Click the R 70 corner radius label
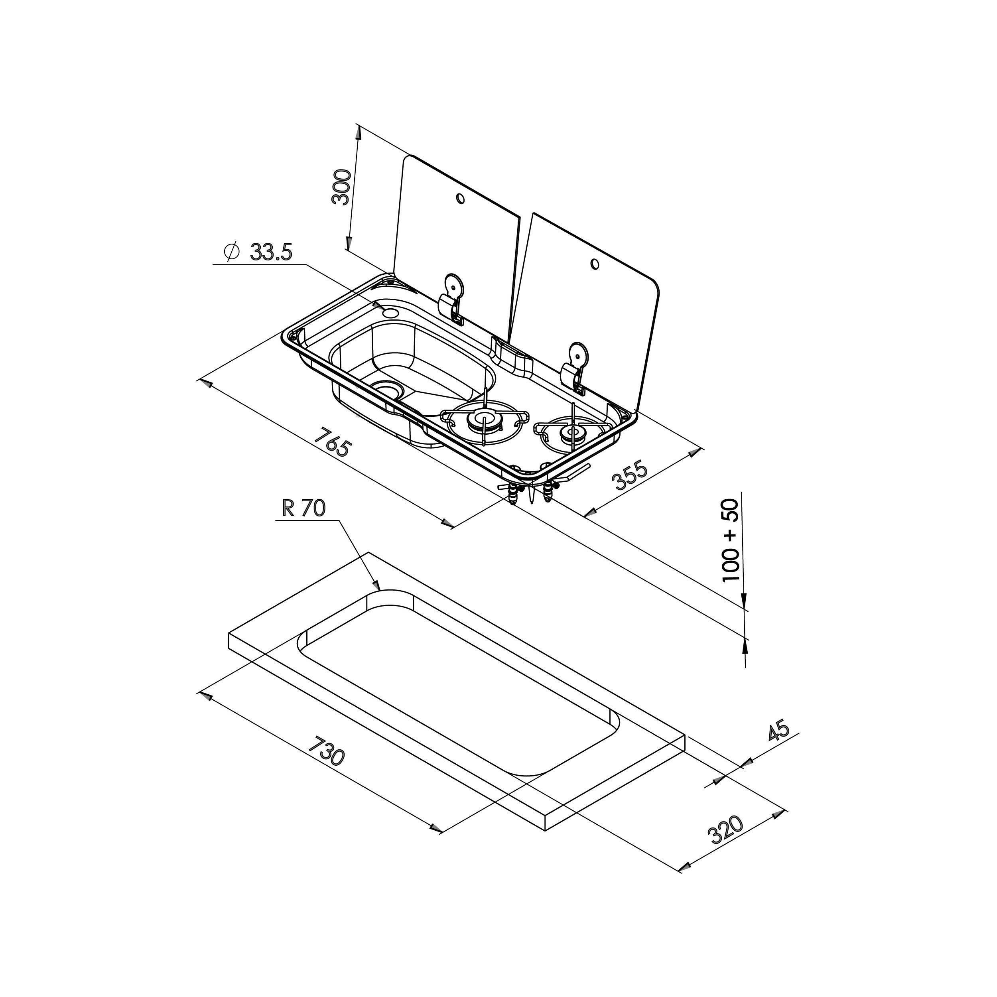click(x=304, y=508)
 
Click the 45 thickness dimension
click(x=779, y=731)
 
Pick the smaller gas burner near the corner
click(x=572, y=432)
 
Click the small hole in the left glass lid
click(x=460, y=198)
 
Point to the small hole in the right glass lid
click(x=595, y=265)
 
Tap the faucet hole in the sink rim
click(x=391, y=313)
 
